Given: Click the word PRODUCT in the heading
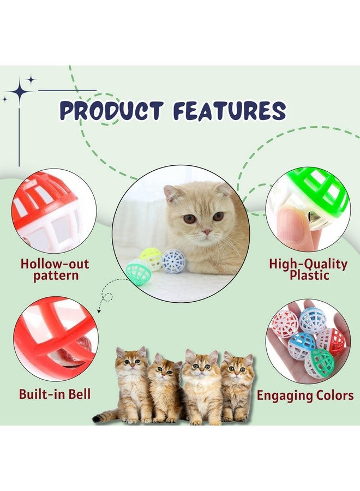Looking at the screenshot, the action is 111,111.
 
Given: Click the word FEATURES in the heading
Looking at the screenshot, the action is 230,111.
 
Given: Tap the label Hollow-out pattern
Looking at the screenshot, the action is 55,270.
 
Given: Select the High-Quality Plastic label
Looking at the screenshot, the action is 308,270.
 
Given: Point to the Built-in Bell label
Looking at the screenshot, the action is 55,393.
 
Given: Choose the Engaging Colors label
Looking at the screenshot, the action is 305,395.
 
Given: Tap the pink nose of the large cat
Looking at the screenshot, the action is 206,232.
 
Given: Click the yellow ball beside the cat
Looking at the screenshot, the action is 151,259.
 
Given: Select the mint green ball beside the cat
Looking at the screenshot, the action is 139,272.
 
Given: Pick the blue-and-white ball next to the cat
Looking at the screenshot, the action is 173,261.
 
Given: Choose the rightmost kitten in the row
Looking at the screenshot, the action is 237,387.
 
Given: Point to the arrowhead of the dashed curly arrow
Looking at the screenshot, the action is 99,312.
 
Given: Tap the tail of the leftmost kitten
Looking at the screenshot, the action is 105,415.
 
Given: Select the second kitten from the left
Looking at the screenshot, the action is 164,388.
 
